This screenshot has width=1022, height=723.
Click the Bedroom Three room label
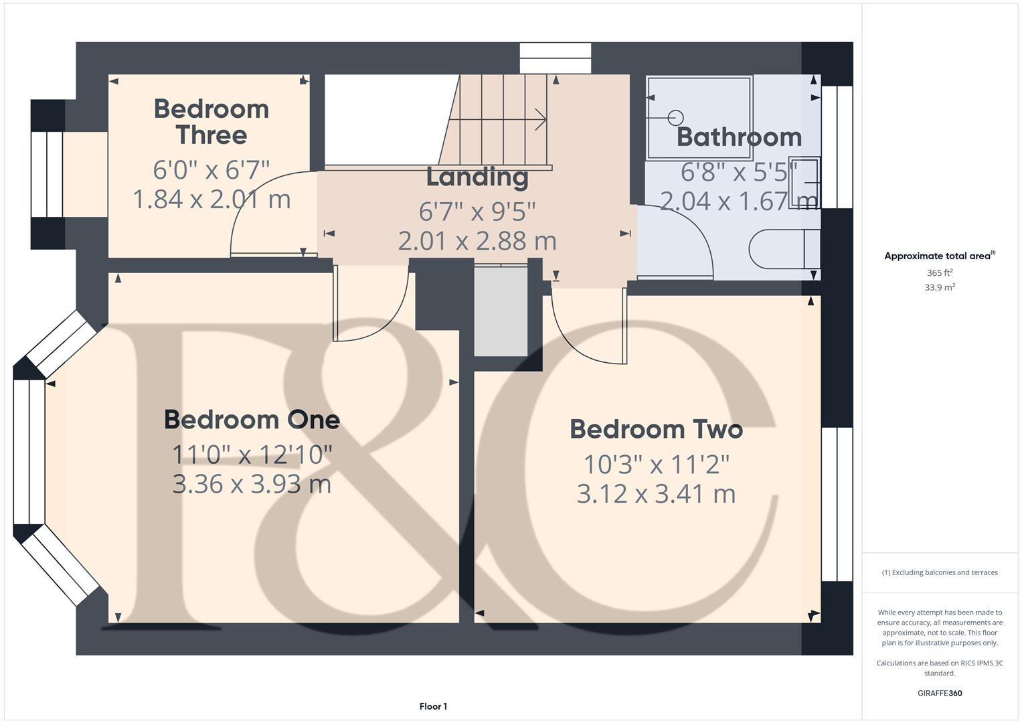point(211,122)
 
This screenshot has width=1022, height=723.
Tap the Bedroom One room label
point(252,420)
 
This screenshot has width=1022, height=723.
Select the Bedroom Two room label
point(656,429)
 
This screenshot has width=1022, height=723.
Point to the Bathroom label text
point(739,137)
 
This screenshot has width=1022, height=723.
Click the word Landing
point(477,177)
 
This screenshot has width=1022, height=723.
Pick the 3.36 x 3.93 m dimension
point(252,484)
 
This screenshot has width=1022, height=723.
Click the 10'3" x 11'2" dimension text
point(656,464)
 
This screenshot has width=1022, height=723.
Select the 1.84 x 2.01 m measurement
point(211,199)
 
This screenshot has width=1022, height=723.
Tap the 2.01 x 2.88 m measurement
point(477,241)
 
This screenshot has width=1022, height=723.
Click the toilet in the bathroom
point(783,249)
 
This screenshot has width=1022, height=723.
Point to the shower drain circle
point(675,118)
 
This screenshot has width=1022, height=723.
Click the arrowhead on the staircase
point(541,120)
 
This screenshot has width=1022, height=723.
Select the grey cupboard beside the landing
point(501,311)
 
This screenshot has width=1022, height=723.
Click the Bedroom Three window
point(47,174)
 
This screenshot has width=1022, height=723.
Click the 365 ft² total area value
point(940,273)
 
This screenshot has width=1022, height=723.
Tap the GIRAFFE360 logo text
point(940,694)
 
